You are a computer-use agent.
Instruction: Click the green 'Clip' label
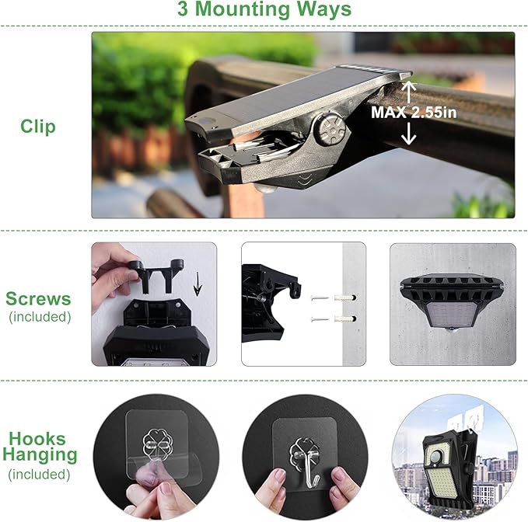click(x=38, y=126)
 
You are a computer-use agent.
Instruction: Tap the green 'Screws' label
click(x=38, y=298)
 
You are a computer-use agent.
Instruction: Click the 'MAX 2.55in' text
click(x=413, y=112)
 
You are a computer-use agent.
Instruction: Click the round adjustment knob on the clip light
click(x=328, y=128)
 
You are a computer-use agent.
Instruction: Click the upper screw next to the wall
click(x=321, y=298)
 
